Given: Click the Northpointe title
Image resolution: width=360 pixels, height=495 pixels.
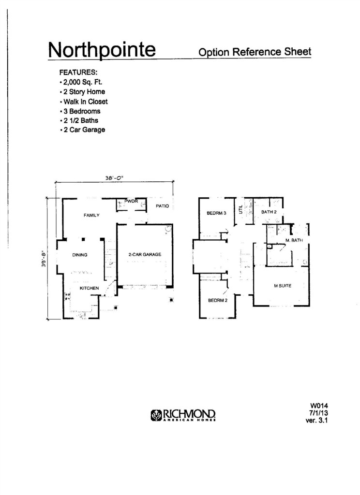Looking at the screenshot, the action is (102, 50).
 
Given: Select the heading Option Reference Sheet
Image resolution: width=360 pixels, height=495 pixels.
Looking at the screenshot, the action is (255, 52).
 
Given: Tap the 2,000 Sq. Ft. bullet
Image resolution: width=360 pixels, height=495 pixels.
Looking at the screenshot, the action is (81, 82).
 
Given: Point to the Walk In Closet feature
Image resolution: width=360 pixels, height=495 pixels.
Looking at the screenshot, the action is (84, 102).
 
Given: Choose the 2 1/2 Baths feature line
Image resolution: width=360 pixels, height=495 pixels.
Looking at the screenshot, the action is (79, 120).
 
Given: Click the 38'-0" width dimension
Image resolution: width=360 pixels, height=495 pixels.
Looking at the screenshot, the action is (114, 178).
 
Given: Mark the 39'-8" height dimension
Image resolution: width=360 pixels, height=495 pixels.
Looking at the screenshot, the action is (44, 259).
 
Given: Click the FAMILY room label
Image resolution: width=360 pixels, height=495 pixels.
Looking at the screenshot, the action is (91, 215).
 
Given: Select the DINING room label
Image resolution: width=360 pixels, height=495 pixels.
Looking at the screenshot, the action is (80, 255).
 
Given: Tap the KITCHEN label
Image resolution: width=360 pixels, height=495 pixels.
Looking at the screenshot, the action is (89, 288).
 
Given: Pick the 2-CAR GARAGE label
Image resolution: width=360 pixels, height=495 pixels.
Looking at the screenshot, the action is (145, 254).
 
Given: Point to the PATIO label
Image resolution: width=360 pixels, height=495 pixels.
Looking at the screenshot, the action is (163, 206).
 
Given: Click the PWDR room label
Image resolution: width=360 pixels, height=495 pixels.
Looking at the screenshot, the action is (131, 201).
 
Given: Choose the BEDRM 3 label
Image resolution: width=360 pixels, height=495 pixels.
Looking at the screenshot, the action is (216, 213).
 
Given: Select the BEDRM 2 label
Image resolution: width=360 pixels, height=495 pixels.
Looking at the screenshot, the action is (218, 300).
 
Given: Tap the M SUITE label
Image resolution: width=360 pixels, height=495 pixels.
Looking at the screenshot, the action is (283, 286).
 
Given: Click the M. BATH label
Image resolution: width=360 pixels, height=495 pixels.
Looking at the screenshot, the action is (294, 240).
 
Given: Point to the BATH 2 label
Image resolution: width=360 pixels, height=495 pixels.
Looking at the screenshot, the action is (269, 212).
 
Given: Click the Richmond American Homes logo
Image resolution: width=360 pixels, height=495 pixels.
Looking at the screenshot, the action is (183, 415).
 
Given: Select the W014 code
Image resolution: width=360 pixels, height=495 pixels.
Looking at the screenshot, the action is (317, 406).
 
